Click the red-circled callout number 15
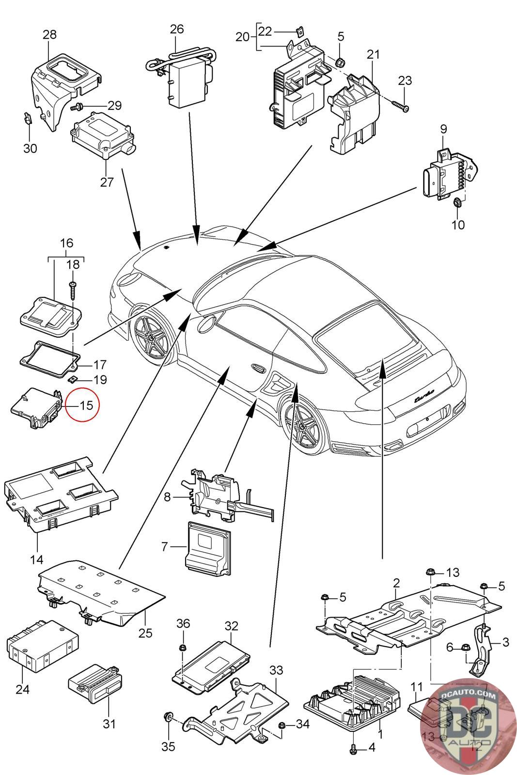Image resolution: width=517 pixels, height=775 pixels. point(85,404)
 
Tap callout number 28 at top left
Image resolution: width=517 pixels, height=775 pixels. point(49,34)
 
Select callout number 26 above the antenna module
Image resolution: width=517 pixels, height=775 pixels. point(177,29)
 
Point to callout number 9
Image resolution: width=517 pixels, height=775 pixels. point(443,129)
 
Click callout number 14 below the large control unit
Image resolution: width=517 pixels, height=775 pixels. point(37,560)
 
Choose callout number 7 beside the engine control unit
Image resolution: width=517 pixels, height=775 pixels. point(164,547)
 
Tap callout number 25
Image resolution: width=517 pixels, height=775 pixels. point(145,633)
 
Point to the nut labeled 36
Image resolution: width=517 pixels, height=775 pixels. point(183,648)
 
